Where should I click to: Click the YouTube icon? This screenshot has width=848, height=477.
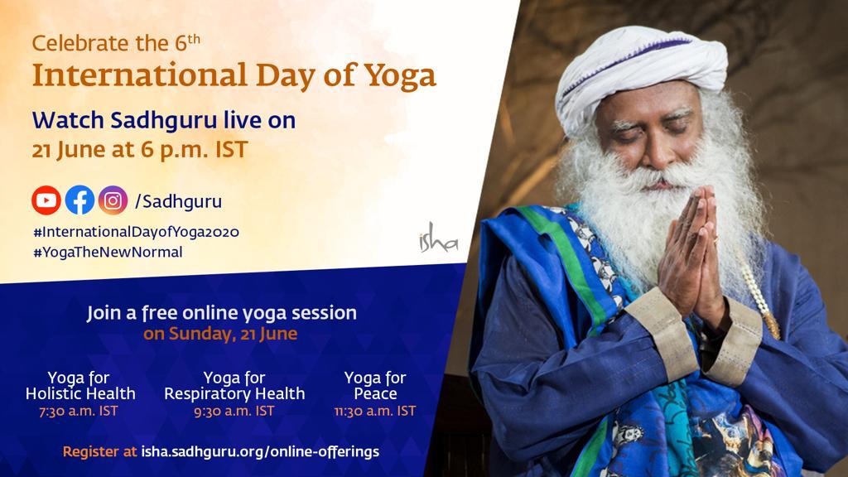point(46,200)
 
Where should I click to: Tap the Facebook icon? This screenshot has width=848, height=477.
point(79,200)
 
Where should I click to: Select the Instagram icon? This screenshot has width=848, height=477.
point(113,200)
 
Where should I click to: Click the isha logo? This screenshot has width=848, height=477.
point(439,238)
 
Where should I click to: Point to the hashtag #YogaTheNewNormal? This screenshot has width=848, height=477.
point(108,252)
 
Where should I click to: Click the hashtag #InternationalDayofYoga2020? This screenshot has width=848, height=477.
point(137,232)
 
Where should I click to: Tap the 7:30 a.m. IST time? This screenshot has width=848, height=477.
point(79,411)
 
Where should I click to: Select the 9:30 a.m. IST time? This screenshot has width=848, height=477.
point(234,411)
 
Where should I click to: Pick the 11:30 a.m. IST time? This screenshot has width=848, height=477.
point(375,411)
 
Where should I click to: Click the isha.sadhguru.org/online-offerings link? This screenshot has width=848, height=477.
point(260,451)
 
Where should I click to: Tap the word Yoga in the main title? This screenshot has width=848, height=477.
point(400,75)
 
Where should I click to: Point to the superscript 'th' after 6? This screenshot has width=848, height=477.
point(194,40)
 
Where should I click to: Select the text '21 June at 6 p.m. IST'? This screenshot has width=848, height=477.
point(140,150)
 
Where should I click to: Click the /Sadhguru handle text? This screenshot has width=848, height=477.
point(179,202)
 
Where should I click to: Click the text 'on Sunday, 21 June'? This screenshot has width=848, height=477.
point(220,334)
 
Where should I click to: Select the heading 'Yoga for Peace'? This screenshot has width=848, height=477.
point(375,386)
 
